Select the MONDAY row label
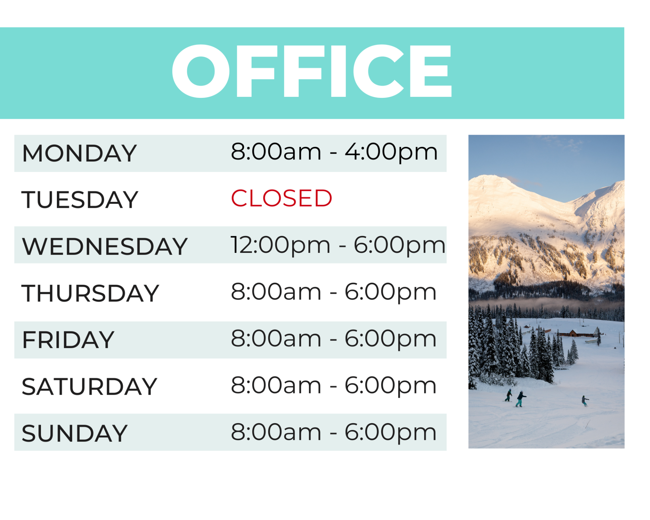[79, 153]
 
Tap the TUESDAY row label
[80, 200]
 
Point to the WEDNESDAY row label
[105, 246]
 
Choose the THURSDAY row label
[90, 293]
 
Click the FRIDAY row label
[68, 340]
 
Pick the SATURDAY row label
[89, 387]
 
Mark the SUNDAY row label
[74, 433]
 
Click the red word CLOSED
[281, 198]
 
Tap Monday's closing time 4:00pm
[391, 152]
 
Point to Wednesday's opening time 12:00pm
[280, 245]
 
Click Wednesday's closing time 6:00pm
[399, 245]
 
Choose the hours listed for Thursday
[334, 292]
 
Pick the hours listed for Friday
[334, 339]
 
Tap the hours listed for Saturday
[334, 385]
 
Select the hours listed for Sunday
[334, 432]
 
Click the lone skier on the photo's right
[585, 401]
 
